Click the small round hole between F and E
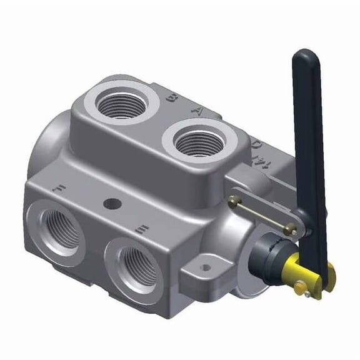pos(112,203)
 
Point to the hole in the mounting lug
pos(204,267)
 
